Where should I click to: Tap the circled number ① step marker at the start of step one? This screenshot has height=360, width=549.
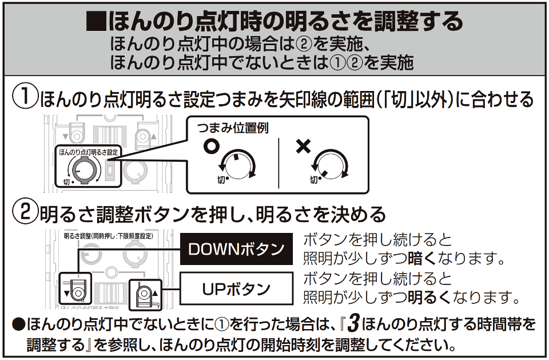25,98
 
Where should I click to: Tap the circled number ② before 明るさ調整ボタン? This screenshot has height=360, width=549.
25,214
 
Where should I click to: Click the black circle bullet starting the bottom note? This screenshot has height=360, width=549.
18,325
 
